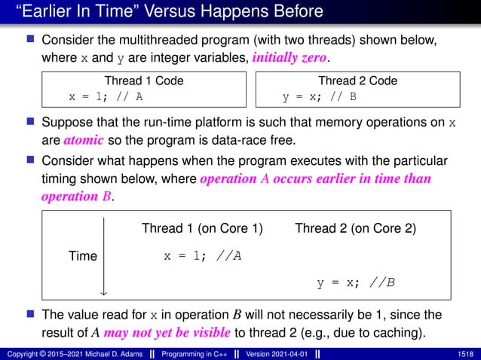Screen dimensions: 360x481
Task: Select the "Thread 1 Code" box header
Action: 143,81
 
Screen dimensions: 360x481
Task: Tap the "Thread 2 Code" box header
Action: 357,81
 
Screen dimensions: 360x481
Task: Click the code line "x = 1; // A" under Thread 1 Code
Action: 106,96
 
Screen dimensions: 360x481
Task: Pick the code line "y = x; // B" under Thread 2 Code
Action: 319,96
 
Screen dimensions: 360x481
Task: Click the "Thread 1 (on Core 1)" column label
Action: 202,228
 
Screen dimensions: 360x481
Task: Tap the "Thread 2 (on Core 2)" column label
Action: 356,228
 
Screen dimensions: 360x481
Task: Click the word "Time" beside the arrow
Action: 83,256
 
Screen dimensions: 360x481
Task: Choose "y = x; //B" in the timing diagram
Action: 356,283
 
